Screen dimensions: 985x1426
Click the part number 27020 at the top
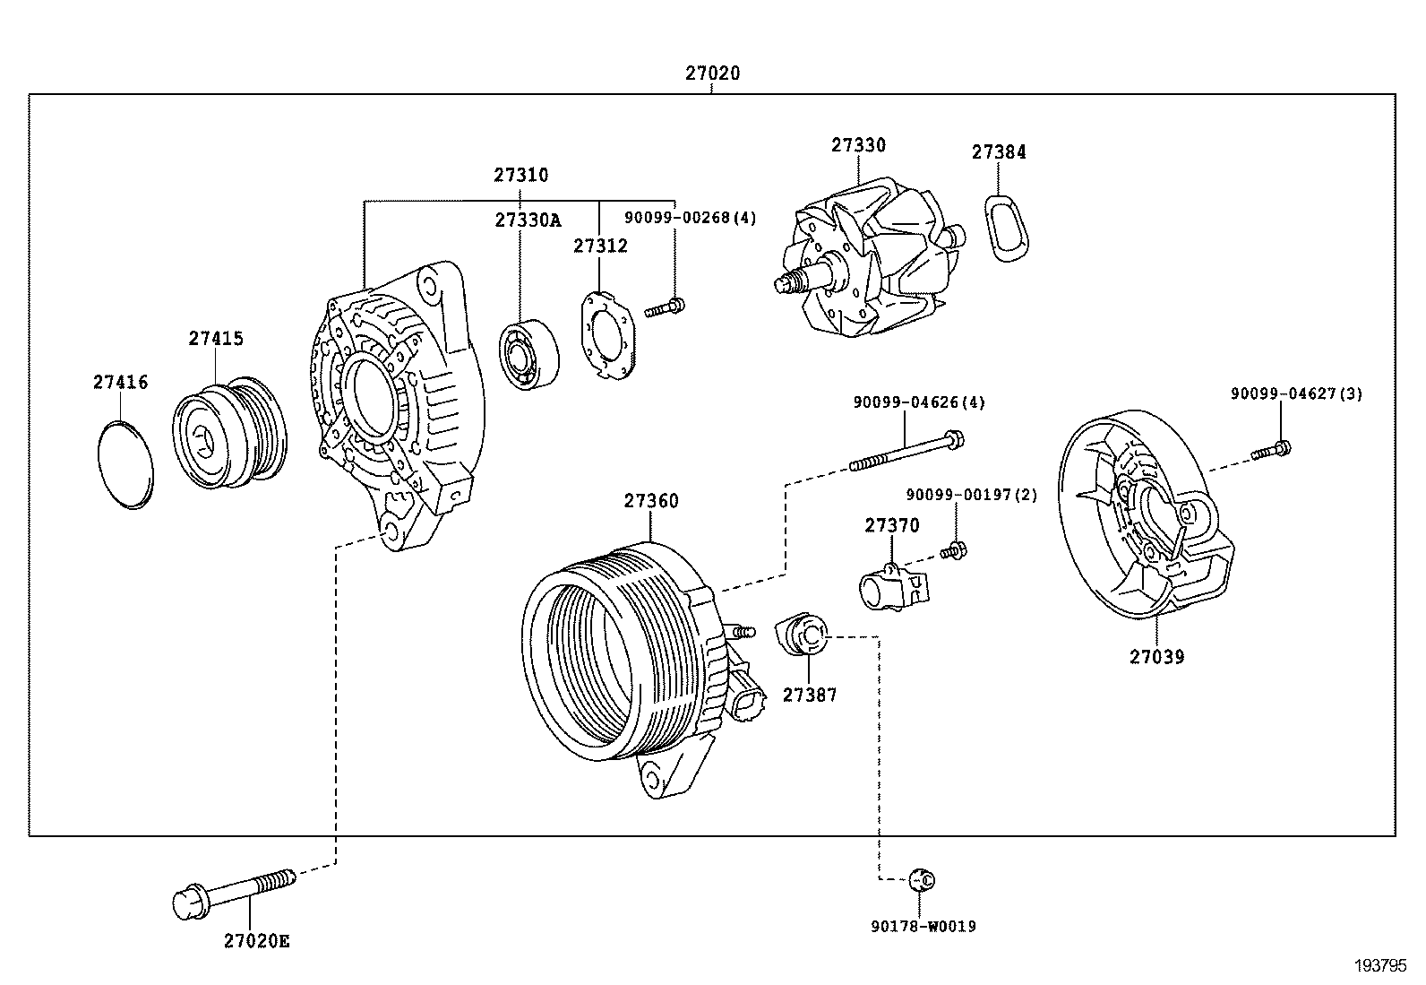point(713,73)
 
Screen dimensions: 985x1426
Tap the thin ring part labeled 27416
point(124,463)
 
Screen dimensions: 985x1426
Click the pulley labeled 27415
point(229,434)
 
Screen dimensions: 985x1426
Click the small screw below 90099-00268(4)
point(665,308)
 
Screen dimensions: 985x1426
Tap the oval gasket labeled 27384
point(1007,225)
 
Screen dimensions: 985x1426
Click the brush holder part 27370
point(893,588)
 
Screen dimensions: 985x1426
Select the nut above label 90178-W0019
point(921,879)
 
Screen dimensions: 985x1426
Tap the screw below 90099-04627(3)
point(1271,450)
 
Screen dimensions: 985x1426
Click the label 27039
point(1156,656)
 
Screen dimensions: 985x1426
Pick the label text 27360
point(651,501)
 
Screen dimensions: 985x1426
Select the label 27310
point(520,175)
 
